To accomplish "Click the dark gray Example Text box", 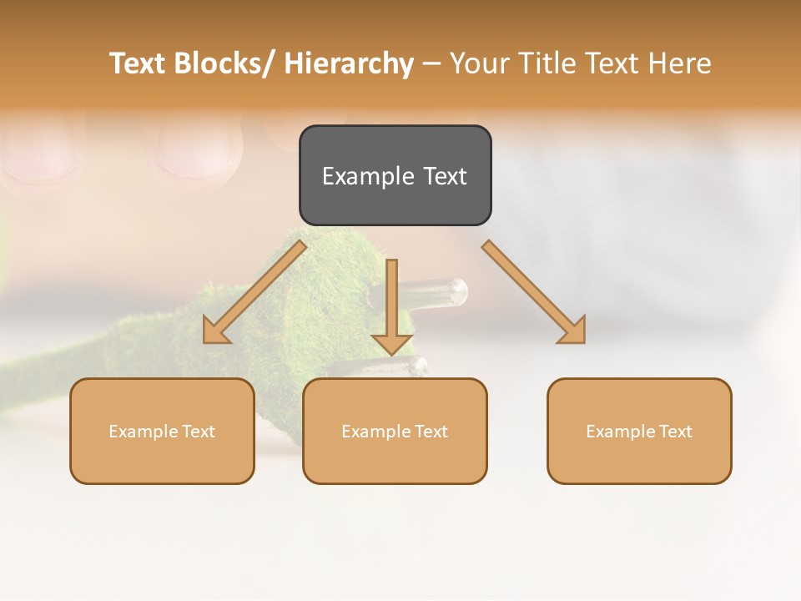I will point(395,175).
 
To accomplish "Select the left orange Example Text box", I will point(162,431).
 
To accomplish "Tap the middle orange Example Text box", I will point(395,431).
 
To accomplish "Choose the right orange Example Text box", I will point(639,431).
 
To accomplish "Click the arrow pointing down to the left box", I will point(254,291).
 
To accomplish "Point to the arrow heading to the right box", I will point(534,291).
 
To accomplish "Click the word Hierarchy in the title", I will point(349,63).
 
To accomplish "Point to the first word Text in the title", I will point(139,63).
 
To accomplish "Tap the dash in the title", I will point(431,63).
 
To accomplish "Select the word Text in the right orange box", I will point(676,432).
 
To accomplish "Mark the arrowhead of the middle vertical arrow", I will point(392,345).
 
